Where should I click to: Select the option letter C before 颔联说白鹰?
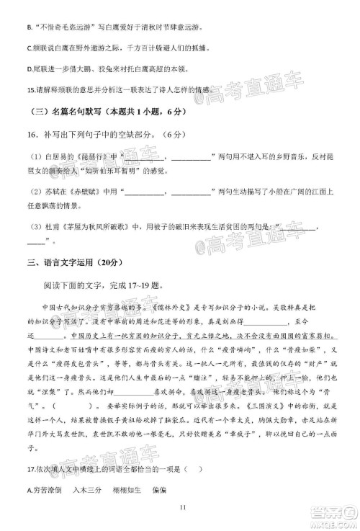29,49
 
